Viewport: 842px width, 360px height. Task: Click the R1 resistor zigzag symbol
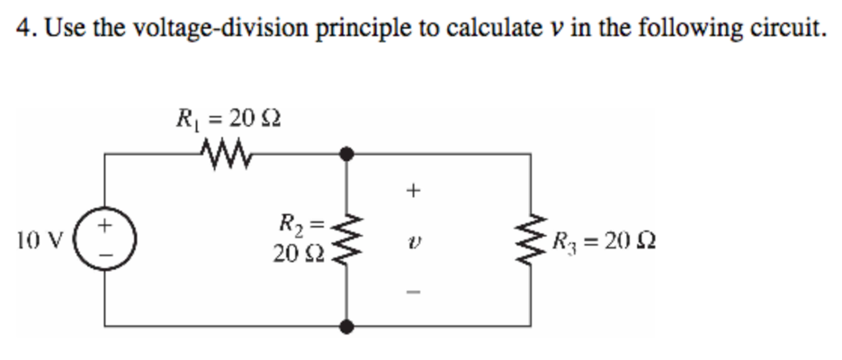pyautogui.click(x=222, y=152)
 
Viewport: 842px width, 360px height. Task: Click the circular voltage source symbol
pyautogui.click(x=105, y=240)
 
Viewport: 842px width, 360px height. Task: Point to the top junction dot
pyautogui.click(x=349, y=153)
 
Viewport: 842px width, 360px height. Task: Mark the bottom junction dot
pyautogui.click(x=349, y=326)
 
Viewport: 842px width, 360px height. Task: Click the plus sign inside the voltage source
pyautogui.click(x=105, y=224)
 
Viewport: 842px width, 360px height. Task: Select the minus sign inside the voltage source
pyautogui.click(x=105, y=256)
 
